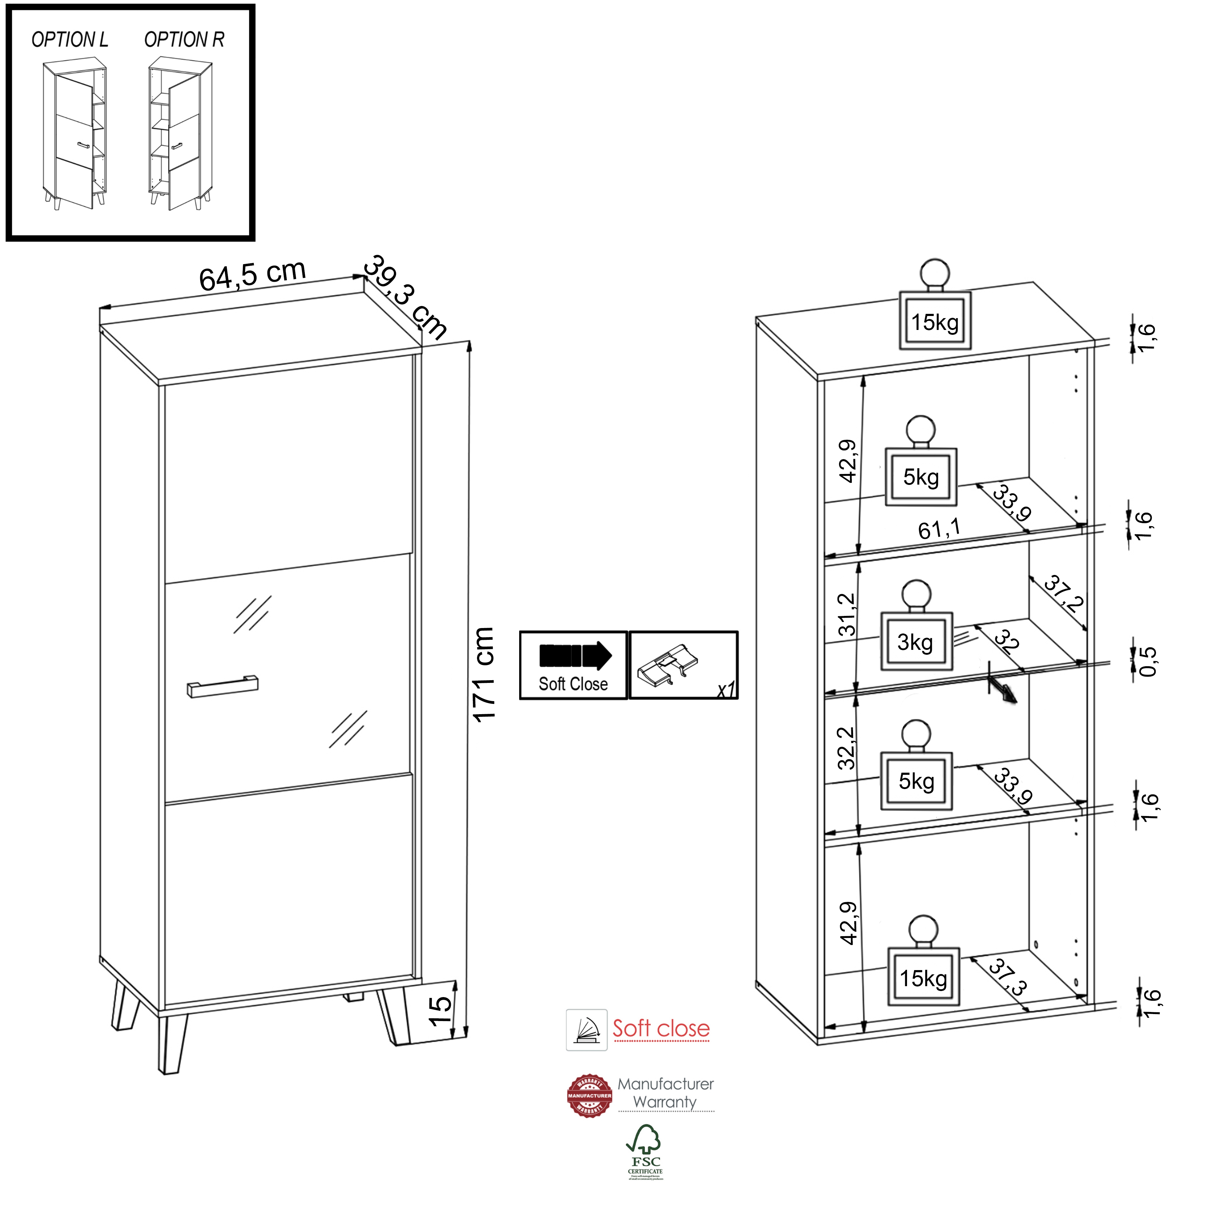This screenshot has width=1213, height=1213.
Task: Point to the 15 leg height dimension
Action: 439,1011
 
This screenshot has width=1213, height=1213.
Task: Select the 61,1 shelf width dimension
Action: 939,529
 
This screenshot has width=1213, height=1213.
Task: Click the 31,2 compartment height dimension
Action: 847,615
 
